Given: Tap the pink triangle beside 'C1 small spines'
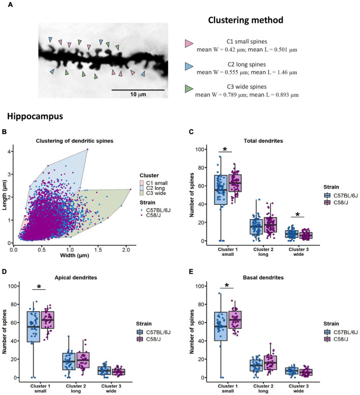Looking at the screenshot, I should [x=189, y=44].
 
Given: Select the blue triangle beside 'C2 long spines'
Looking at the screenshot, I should [x=189, y=67].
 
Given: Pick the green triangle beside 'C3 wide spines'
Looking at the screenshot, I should [x=189, y=89].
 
